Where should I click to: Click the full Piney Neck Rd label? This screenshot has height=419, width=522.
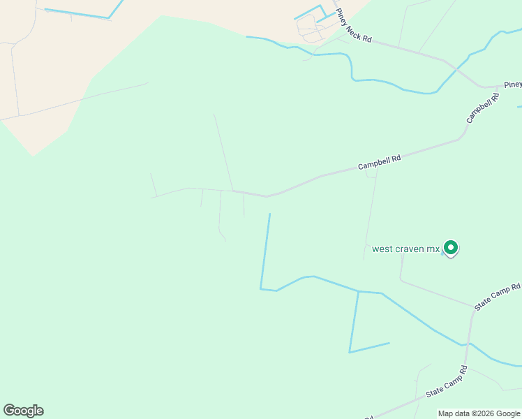(354, 29)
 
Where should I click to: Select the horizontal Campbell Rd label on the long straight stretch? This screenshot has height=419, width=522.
(379, 162)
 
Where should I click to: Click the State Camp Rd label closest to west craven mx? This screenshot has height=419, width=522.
(498, 297)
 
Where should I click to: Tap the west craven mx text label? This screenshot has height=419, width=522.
(406, 249)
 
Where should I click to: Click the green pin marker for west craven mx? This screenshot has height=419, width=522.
(451, 247)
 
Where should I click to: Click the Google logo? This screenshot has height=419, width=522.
(23, 411)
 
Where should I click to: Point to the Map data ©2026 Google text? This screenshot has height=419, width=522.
(479, 413)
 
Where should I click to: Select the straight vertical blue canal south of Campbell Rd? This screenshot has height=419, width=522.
(265, 251)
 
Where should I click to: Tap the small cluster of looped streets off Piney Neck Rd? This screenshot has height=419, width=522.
(309, 27)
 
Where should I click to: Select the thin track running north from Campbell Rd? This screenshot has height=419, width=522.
(223, 150)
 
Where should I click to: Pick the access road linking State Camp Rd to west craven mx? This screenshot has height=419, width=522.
(433, 291)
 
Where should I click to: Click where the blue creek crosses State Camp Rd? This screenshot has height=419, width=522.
(466, 343)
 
